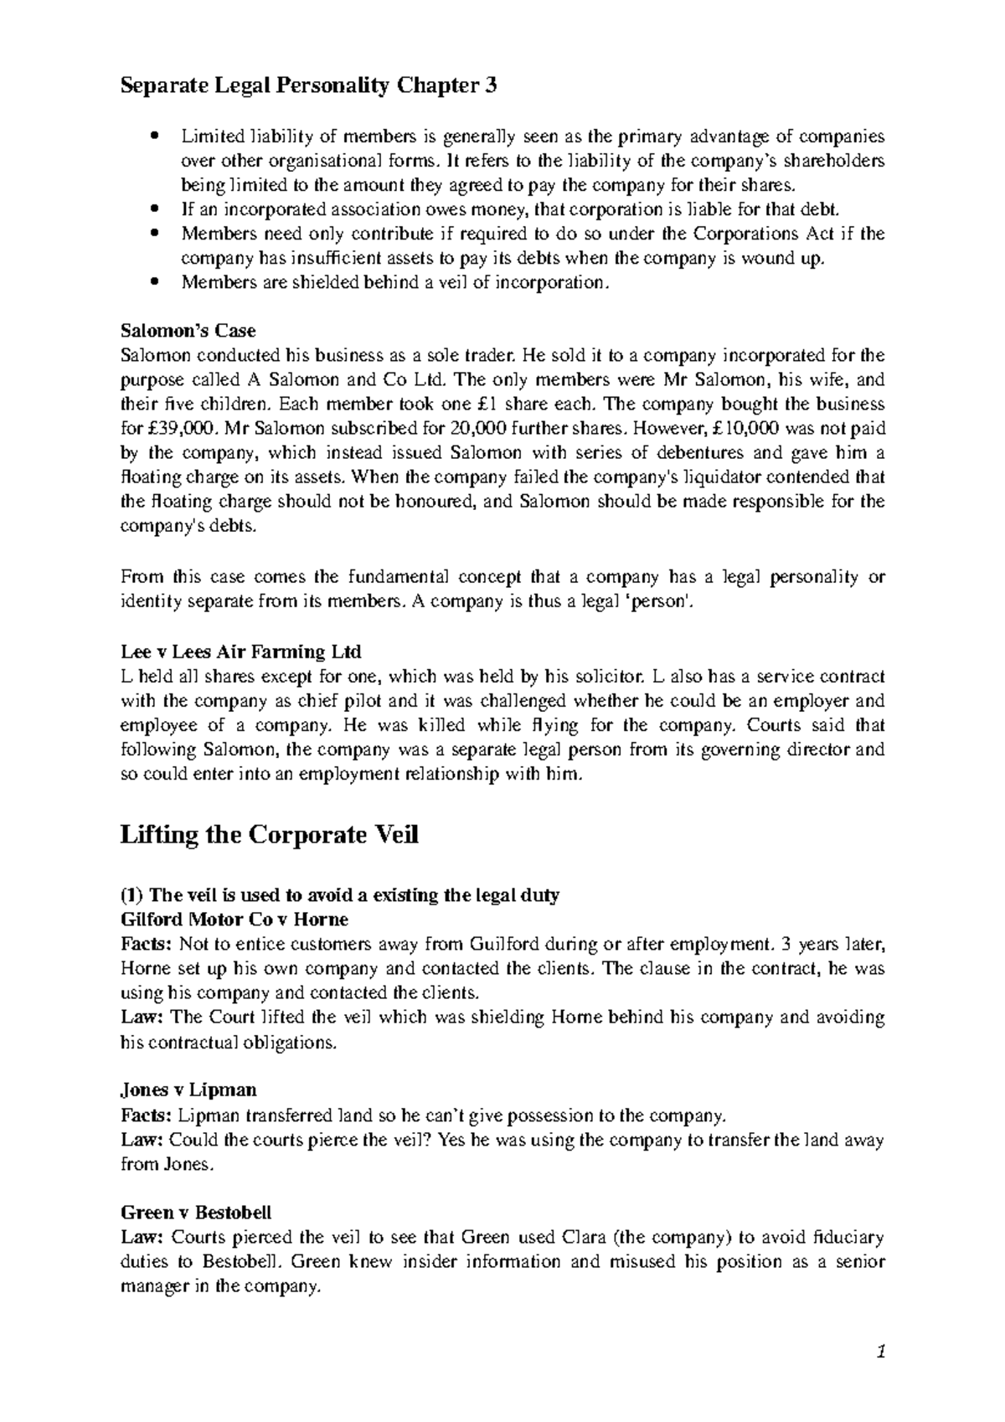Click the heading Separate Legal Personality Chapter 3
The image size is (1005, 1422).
pos(308,85)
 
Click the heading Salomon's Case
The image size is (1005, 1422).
pos(188,330)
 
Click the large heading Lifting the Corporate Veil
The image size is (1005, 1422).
pos(269,836)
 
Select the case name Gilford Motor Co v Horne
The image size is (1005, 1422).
pos(234,920)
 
